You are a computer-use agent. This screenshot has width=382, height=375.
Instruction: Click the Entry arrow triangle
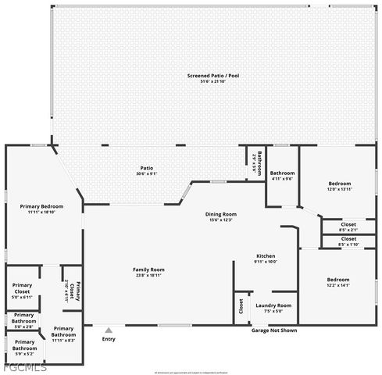(x=109, y=330)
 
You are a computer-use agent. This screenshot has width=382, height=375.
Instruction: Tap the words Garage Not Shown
(x=273, y=330)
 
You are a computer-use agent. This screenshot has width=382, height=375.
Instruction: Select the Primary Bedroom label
(x=41, y=206)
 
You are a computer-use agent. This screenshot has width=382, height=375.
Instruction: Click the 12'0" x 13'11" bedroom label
(x=339, y=186)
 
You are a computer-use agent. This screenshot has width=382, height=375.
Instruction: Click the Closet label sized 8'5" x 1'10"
(x=348, y=241)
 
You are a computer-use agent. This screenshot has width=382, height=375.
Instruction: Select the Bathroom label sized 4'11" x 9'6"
(x=282, y=176)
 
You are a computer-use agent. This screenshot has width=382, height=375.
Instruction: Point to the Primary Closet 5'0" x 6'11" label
(x=22, y=294)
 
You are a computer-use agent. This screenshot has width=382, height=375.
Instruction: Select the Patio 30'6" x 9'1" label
(x=146, y=170)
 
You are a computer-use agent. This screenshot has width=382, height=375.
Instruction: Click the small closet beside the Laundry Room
(x=241, y=307)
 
